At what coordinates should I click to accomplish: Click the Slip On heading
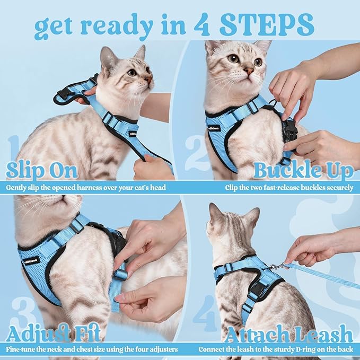pos(42,171)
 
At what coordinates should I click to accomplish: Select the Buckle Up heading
pos(303,171)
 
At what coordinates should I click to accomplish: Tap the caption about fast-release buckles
pos(289,187)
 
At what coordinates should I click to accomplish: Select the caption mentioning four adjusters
pos(92,349)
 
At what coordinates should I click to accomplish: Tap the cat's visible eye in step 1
pos(131,72)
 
